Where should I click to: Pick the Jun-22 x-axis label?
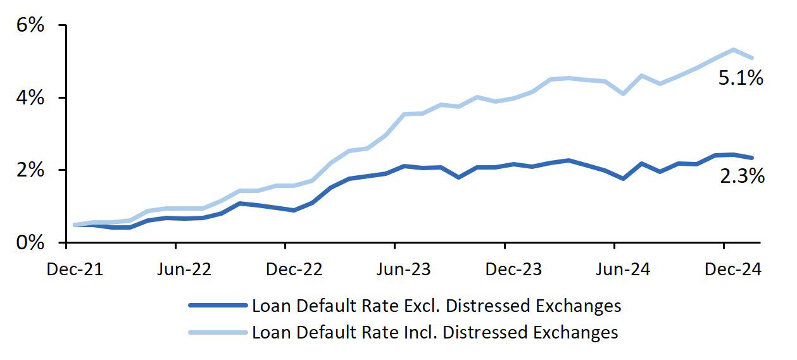click(184, 270)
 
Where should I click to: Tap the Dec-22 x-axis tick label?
click(294, 270)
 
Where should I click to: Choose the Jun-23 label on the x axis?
click(403, 270)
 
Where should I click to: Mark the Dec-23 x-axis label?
click(513, 270)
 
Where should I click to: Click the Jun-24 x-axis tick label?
click(623, 270)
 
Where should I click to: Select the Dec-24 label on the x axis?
click(733, 270)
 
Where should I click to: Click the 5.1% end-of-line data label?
click(741, 78)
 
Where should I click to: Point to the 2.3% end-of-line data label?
click(742, 177)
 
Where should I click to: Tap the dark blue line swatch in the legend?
click(217, 306)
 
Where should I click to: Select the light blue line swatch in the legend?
click(217, 332)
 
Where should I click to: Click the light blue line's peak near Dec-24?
click(733, 49)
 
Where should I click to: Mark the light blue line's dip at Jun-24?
click(624, 94)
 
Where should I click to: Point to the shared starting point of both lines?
click(75, 225)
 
